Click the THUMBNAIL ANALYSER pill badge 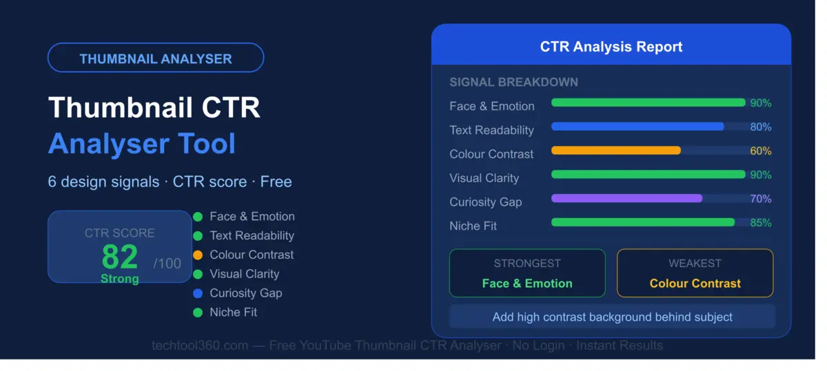pyautogui.click(x=155, y=59)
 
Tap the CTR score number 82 pyautogui.click(x=120, y=257)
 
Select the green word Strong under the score pyautogui.click(x=120, y=279)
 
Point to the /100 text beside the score pyautogui.click(x=167, y=263)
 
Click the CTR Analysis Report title pyautogui.click(x=611, y=47)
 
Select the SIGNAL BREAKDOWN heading pyautogui.click(x=513, y=82)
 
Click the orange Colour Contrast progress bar pyautogui.click(x=616, y=151)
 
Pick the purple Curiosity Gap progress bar pyautogui.click(x=626, y=198)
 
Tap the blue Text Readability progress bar pyautogui.click(x=637, y=127)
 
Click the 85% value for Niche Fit pyautogui.click(x=760, y=223)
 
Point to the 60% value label pyautogui.click(x=760, y=151)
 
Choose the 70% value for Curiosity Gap pyautogui.click(x=760, y=199)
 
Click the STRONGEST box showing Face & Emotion pyautogui.click(x=527, y=273)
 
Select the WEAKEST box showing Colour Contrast pyautogui.click(x=695, y=273)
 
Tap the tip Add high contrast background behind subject pyautogui.click(x=612, y=317)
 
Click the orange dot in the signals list pyautogui.click(x=198, y=255)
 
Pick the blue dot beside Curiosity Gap pyautogui.click(x=198, y=293)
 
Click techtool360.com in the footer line pyautogui.click(x=200, y=346)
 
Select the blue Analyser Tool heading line pyautogui.click(x=142, y=143)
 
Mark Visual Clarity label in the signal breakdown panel pyautogui.click(x=484, y=178)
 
